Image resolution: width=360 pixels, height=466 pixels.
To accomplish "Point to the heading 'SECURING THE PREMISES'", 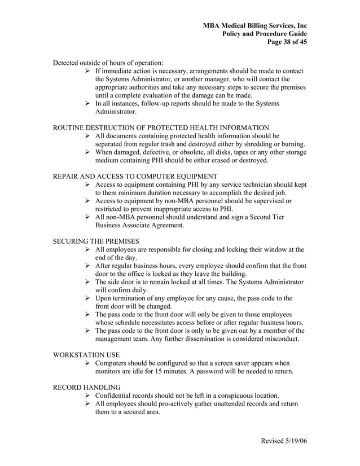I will [95, 240].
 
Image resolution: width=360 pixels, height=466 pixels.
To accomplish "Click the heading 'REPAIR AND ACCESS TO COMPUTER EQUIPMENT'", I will [135, 176].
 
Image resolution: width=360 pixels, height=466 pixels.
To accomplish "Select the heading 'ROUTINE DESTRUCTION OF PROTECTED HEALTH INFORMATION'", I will [161, 128].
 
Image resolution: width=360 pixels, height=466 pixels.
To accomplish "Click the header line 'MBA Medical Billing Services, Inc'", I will [255, 26].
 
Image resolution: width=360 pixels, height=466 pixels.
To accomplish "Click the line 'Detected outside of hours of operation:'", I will [108, 63].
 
